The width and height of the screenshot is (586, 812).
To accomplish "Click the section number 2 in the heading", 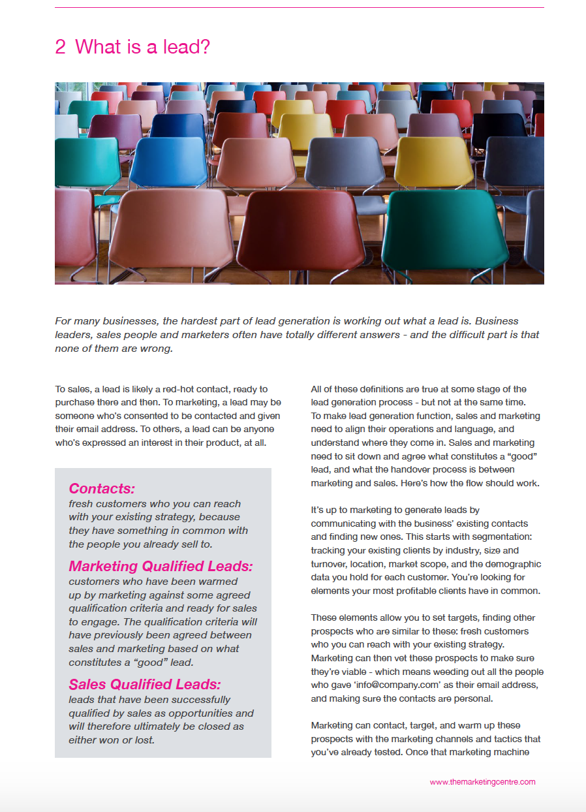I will (x=60, y=47).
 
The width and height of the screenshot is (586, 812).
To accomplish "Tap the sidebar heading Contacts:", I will (x=101, y=488).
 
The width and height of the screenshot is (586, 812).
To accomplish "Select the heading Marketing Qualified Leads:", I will (x=160, y=566).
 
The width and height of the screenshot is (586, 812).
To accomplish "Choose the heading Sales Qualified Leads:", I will (x=145, y=684).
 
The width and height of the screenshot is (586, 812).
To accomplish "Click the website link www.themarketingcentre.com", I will (x=482, y=781).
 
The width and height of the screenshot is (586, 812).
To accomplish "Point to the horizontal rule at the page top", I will (x=299, y=8).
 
